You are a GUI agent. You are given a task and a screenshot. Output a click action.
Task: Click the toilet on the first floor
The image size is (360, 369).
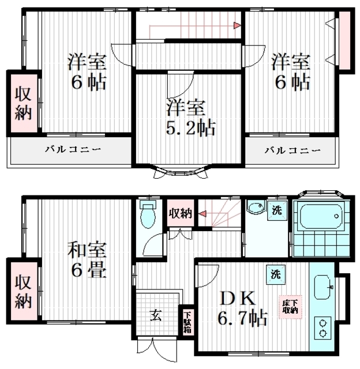pyautogui.click(x=148, y=214)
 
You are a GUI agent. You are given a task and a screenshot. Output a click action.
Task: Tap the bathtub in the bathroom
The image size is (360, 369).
pyautogui.click(x=320, y=216)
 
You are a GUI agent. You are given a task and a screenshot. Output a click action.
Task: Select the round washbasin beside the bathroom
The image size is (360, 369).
pyautogui.click(x=256, y=208)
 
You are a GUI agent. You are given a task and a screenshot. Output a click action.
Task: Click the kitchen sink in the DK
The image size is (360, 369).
pyautogui.click(x=323, y=287)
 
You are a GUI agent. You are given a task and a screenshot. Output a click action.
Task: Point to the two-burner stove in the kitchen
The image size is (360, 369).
pyautogui.click(x=323, y=328)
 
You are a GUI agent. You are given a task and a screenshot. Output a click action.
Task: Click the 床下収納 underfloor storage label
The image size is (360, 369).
pyautogui.click(x=290, y=307)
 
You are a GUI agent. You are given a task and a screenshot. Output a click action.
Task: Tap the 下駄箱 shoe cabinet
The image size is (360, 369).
pyautogui.click(x=187, y=322)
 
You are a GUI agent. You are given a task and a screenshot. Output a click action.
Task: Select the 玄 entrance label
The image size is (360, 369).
pyautogui.click(x=156, y=315)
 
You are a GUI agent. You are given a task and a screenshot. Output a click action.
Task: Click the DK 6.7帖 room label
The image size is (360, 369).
pyautogui.click(x=242, y=308)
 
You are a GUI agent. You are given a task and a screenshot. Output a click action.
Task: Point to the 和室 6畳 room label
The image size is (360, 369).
pyautogui.click(x=87, y=260)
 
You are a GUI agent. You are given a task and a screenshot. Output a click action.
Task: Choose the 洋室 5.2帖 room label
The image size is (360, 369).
pyautogui.click(x=190, y=118)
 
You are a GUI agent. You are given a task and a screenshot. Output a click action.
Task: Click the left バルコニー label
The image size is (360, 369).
pyautogui.click(x=73, y=149)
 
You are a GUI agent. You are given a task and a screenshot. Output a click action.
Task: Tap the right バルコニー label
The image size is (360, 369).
pyautogui.click(x=292, y=150)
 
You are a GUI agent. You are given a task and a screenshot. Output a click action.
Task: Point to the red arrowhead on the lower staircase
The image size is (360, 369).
pyautogui.click(x=202, y=214)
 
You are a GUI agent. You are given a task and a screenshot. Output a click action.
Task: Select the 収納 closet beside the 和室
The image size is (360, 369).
pyautogui.click(x=24, y=291)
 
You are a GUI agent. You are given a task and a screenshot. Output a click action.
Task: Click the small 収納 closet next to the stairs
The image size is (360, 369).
pyautogui.click(x=181, y=213)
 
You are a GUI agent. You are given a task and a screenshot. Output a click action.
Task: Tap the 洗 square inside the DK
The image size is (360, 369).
pyautogui.click(x=276, y=274)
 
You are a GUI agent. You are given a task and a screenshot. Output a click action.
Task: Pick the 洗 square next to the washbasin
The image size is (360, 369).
pyautogui.click(x=277, y=210)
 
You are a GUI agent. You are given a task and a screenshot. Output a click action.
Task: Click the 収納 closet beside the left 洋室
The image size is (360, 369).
pyautogui.click(x=24, y=103)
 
